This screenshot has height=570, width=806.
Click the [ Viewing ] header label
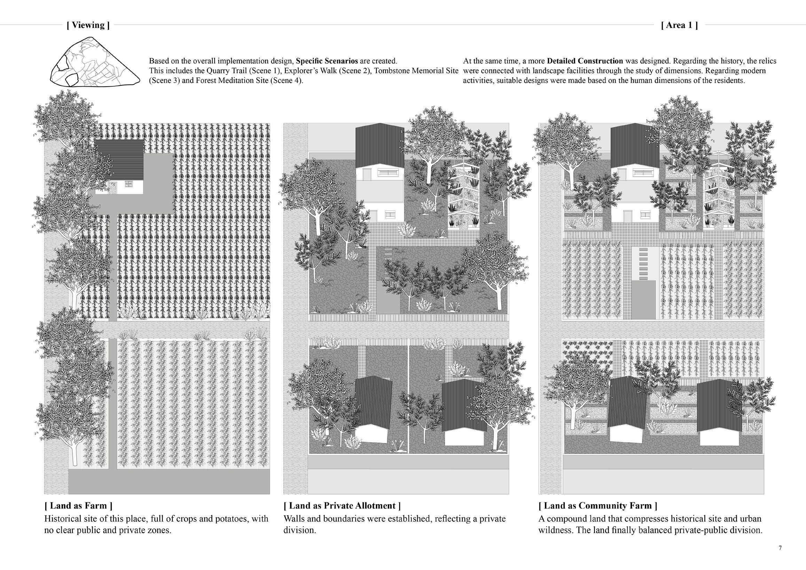(x=88, y=25)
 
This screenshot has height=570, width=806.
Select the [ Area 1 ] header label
(x=679, y=25)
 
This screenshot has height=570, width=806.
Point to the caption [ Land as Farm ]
(x=78, y=505)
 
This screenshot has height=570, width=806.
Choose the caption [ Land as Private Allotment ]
(x=342, y=505)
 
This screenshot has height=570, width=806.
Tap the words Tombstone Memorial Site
(x=416, y=71)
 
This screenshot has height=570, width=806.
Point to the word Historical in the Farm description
(x=64, y=518)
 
